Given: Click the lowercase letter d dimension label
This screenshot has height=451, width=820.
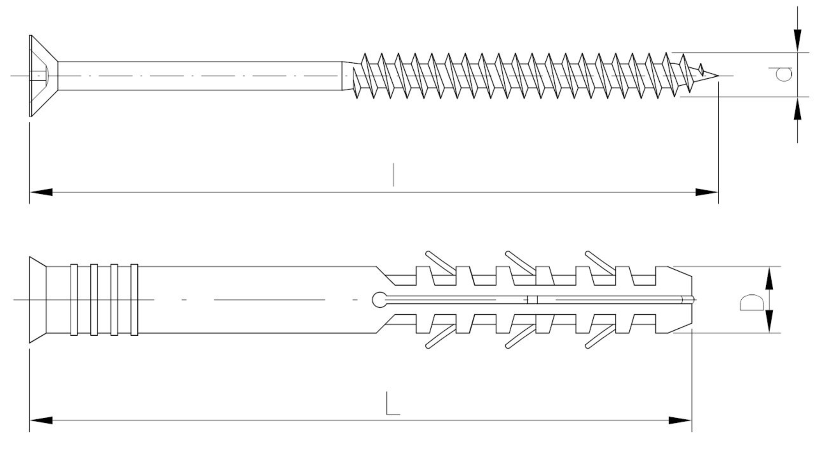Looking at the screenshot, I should (x=784, y=74).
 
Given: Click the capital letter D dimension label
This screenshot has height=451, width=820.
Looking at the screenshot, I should (x=752, y=302).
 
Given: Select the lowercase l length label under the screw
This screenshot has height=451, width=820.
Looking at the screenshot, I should (x=393, y=174).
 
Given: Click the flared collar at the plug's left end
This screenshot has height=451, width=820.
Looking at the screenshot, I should (x=37, y=300).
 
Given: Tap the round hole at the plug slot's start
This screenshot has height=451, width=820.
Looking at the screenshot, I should (x=379, y=300).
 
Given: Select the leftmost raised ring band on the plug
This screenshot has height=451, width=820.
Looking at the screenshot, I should (x=74, y=300).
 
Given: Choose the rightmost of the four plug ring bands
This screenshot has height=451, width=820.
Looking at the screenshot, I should (x=134, y=300).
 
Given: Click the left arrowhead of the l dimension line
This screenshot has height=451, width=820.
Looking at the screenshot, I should (x=41, y=192).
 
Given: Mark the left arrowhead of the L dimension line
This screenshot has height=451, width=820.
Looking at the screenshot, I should (x=41, y=420).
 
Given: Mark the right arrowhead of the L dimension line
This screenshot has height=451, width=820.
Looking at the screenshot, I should (x=680, y=420).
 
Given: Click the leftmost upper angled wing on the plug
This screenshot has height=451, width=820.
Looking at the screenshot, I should (x=440, y=262).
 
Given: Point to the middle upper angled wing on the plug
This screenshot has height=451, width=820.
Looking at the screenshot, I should (x=519, y=262).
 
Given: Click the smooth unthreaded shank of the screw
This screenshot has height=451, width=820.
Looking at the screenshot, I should (x=201, y=76).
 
